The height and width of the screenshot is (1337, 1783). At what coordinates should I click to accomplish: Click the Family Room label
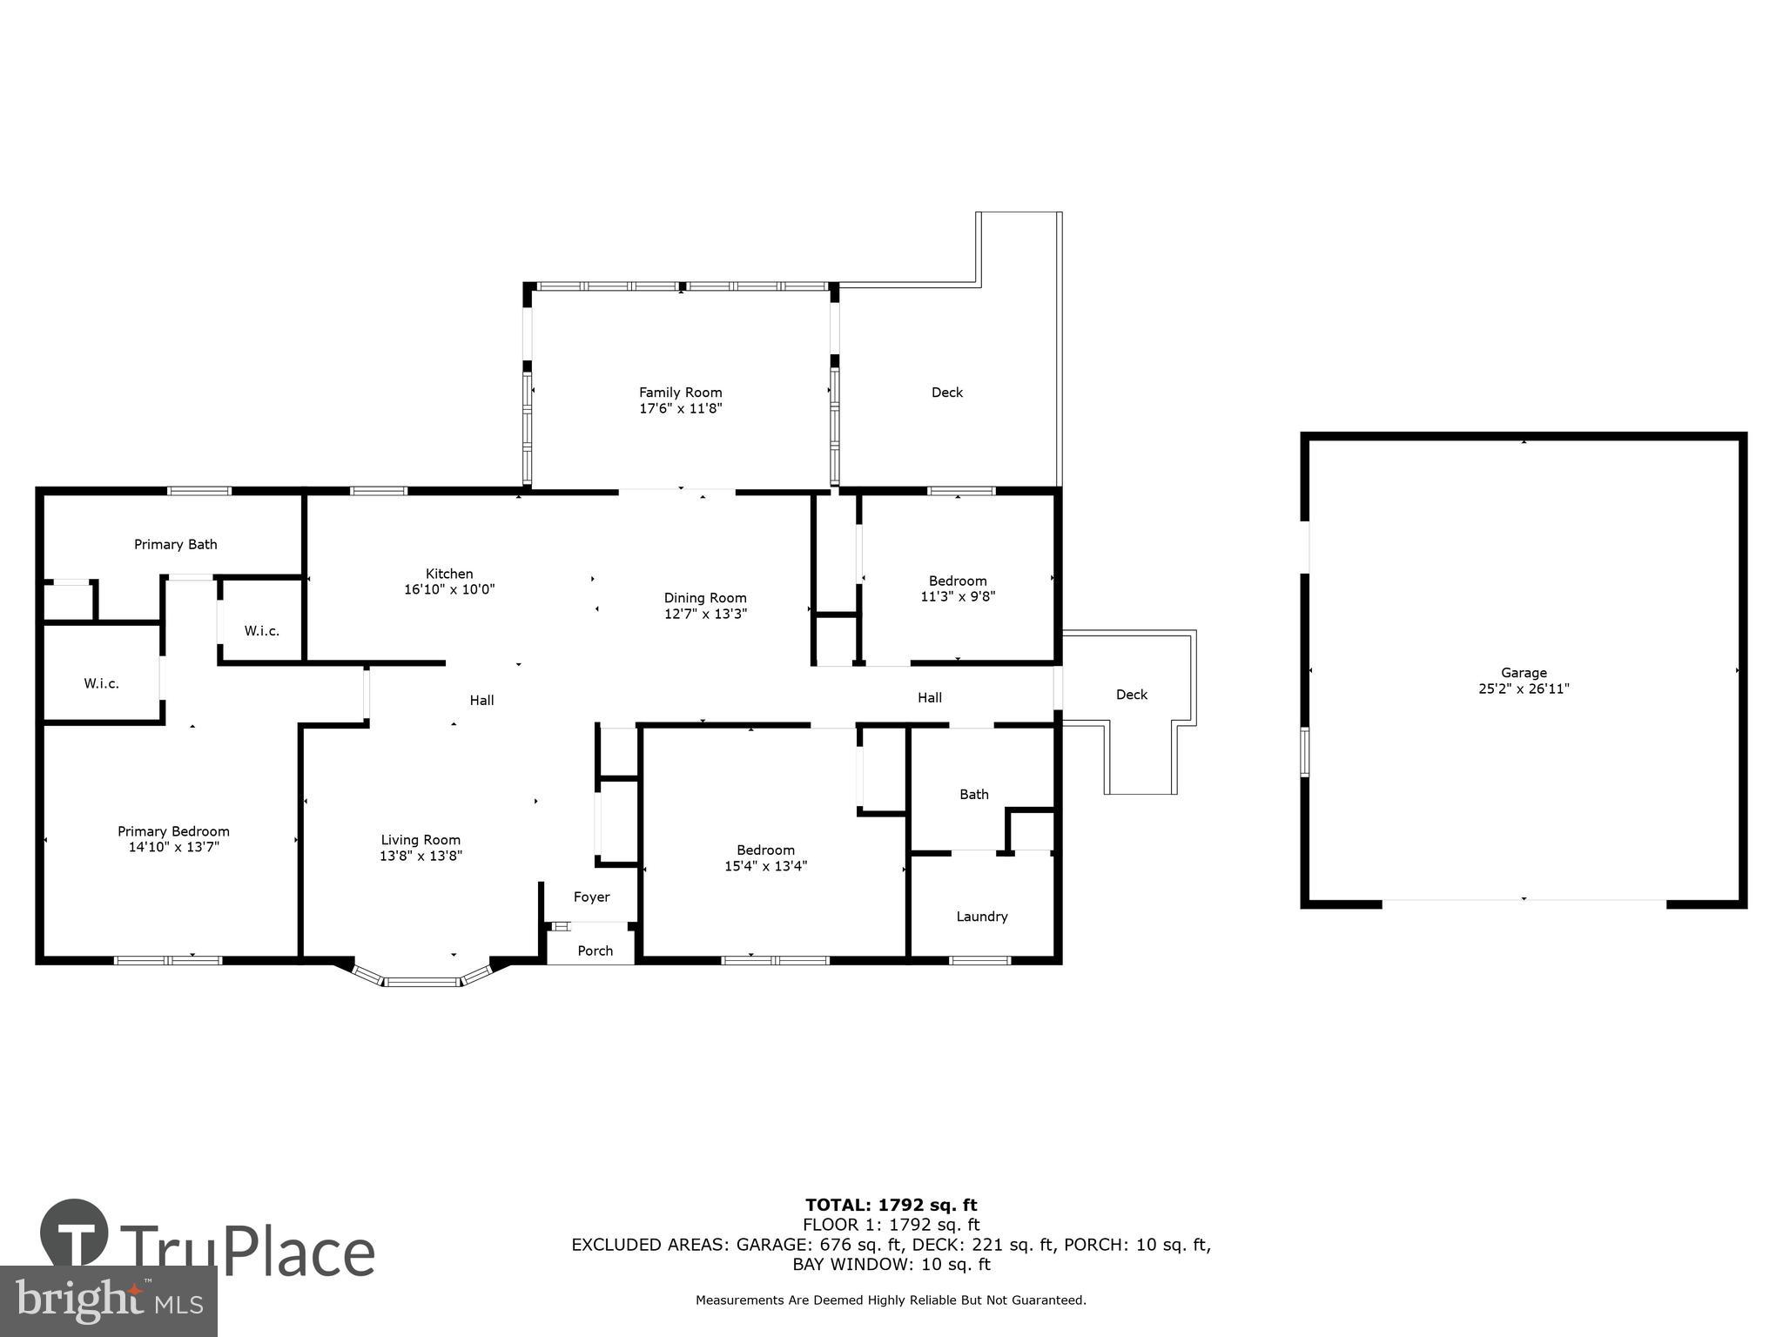680,393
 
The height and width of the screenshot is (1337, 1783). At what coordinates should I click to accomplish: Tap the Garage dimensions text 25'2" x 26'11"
1524,689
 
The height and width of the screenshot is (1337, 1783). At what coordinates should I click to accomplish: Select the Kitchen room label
449,574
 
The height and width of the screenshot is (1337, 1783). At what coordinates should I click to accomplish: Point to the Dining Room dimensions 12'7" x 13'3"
705,614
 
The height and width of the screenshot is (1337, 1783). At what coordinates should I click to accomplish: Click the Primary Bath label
176,545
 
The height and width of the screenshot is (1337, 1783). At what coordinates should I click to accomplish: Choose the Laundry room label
982,917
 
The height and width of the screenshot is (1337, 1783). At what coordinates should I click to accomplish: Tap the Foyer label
591,897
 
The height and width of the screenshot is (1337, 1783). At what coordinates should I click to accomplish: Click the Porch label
595,951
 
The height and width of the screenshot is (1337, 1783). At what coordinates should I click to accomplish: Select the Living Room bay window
422,979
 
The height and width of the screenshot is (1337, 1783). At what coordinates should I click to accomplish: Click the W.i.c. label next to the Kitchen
261,631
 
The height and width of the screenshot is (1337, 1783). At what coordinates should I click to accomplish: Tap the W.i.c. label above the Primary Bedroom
102,684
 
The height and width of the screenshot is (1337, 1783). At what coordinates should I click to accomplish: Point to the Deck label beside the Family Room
947,393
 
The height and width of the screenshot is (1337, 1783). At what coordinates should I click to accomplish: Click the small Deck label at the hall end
1132,695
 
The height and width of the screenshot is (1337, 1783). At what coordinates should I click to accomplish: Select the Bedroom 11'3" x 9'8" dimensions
958,597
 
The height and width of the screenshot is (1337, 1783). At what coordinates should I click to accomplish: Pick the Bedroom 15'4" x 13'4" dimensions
766,866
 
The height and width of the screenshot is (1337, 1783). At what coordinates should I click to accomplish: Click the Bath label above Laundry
974,795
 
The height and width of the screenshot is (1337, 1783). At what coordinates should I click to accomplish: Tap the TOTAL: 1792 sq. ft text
891,1206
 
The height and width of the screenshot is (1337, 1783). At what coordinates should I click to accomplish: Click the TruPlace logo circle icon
74,1233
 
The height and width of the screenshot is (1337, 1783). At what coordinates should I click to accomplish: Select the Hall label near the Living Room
481,701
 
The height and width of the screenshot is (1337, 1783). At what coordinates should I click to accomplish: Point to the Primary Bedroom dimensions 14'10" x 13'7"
173,847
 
